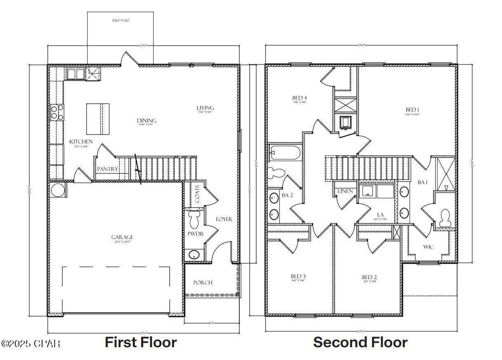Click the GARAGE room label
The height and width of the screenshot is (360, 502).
tap(122, 237)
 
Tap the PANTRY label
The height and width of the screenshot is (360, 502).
tap(107, 169)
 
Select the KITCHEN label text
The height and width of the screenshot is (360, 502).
tap(81, 142)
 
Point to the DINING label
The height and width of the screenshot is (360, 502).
tap(147, 121)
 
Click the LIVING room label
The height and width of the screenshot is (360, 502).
tap(205, 108)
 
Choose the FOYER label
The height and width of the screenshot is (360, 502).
tap(224, 219)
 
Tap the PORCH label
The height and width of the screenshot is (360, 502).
tap(203, 283)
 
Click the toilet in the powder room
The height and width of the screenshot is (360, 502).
tap(193, 220)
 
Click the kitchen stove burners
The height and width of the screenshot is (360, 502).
tap(57, 112)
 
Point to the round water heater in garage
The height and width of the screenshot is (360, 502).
tap(57, 191)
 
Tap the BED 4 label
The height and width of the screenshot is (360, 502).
tap(299, 98)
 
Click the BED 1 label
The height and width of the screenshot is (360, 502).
tap(412, 109)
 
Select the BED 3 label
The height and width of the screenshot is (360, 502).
tap(298, 276)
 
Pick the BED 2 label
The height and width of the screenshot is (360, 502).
tap(369, 277)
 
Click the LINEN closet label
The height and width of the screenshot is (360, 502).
tap(345, 191)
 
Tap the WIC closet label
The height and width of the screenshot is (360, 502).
tap(428, 247)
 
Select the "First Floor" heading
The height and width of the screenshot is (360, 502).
tap(141, 342)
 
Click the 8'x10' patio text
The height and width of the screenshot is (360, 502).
tap(120, 20)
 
